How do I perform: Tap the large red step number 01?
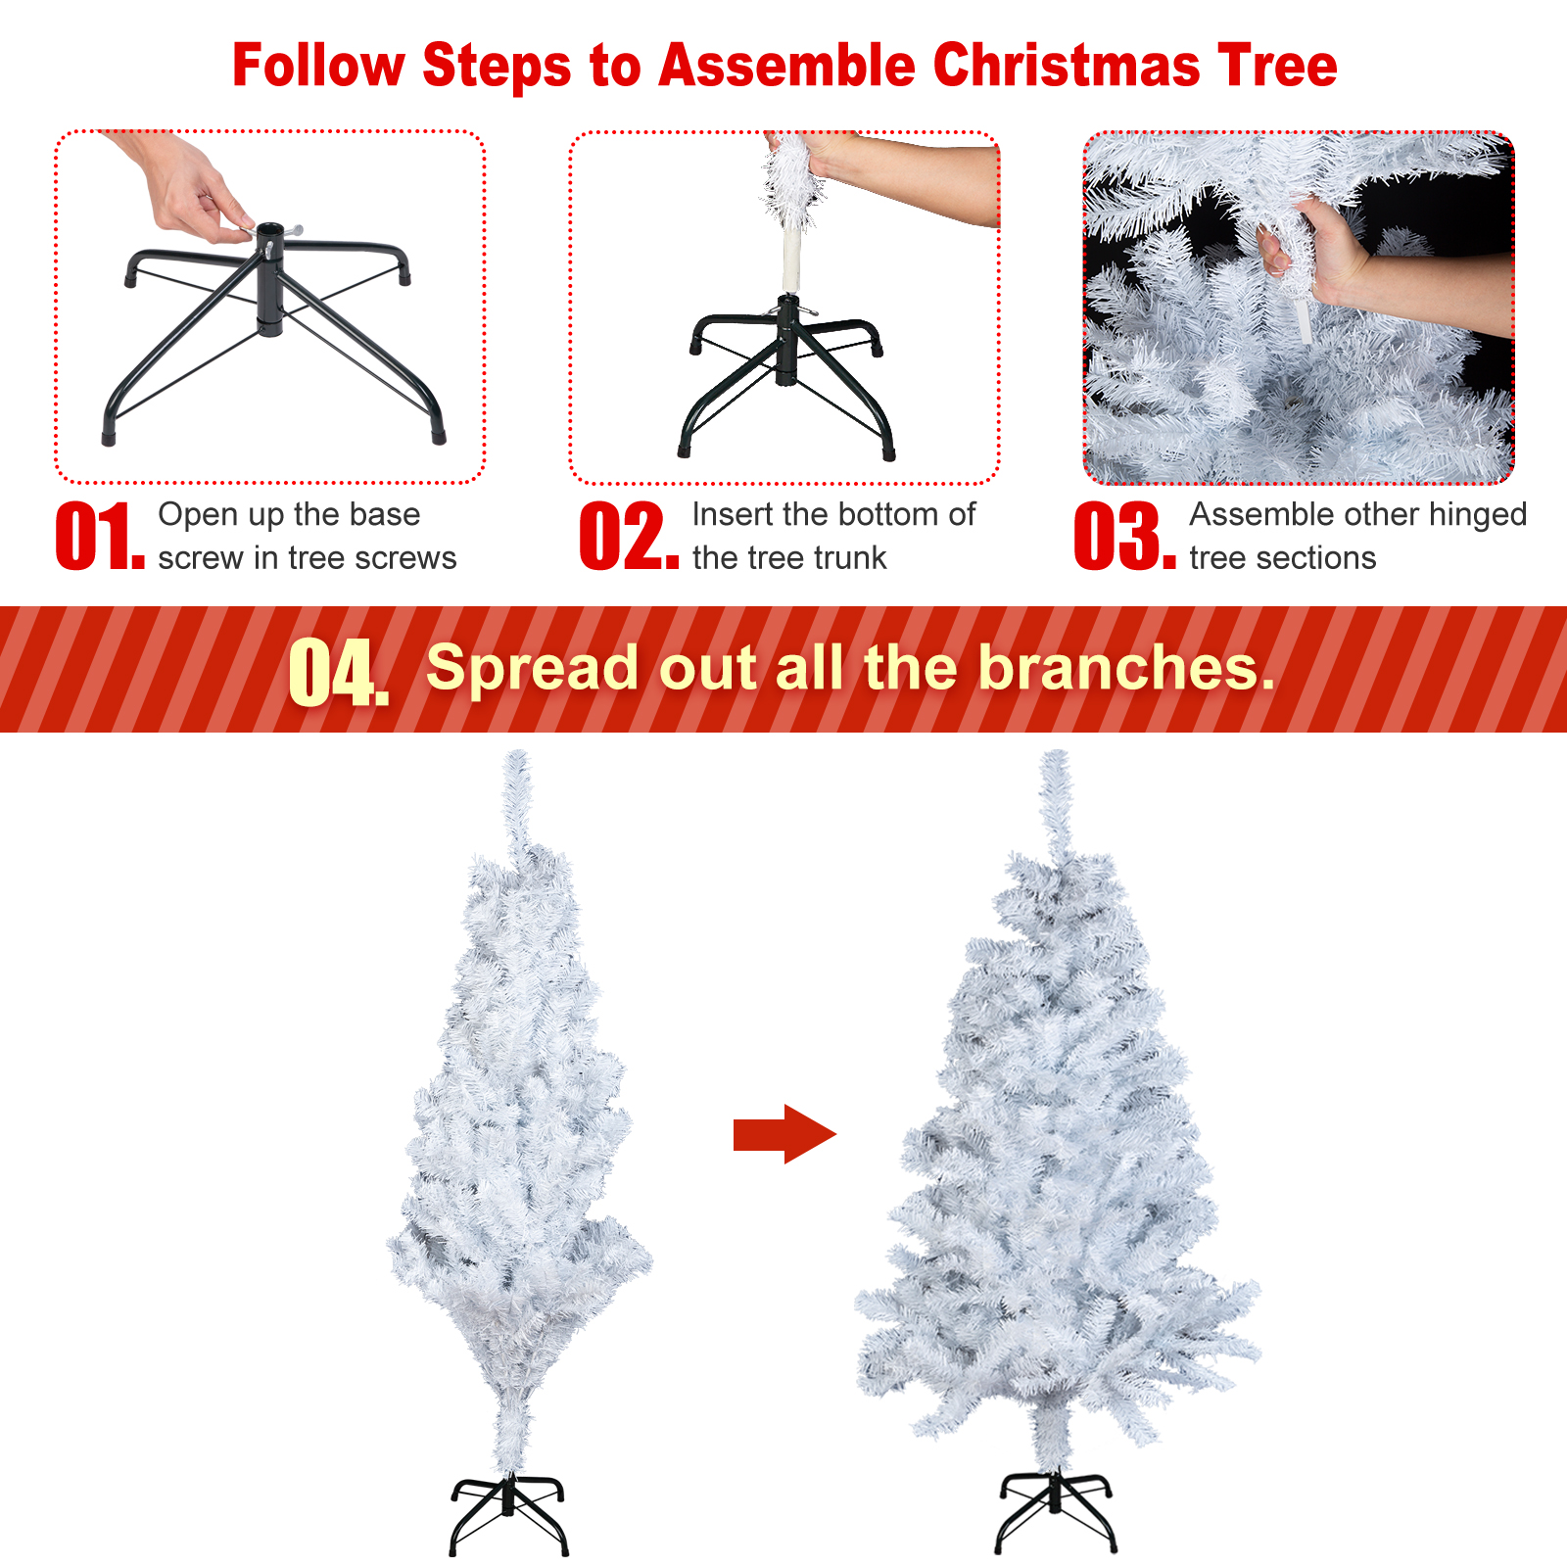pyautogui.click(x=100, y=536)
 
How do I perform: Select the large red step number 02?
pyautogui.click(x=629, y=536)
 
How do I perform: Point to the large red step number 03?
pyautogui.click(x=1124, y=536)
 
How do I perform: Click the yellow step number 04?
pyautogui.click(x=338, y=672)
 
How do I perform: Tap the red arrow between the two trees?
pyautogui.click(x=784, y=1134)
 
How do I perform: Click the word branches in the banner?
pyautogui.click(x=1126, y=667)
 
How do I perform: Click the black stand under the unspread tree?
pyautogui.click(x=508, y=1514)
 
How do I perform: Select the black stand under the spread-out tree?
pyautogui.click(x=1056, y=1512)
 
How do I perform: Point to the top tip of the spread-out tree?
pyautogui.click(x=1056, y=752)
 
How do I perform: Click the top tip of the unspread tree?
pyautogui.click(x=517, y=752)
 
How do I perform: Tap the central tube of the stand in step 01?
pyautogui.click(x=269, y=280)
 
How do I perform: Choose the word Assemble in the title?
pyautogui.click(x=786, y=66)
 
